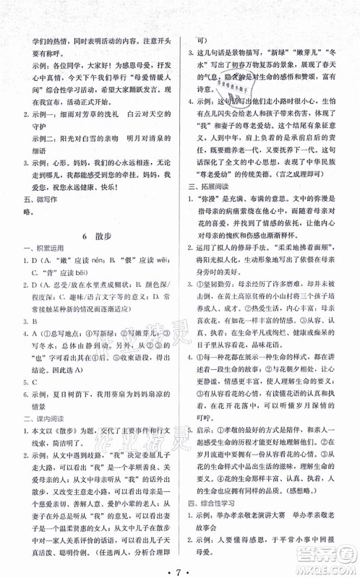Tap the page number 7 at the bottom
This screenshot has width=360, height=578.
[x=180, y=563]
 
